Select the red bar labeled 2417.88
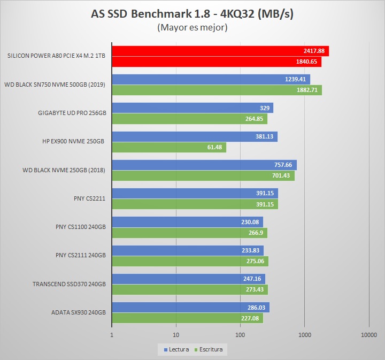click(x=220, y=51)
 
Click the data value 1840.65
click(x=306, y=62)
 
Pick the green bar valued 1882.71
click(x=217, y=90)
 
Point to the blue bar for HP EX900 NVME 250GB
click(x=195, y=136)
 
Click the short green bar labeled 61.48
click(x=168, y=147)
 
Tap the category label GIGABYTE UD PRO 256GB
click(x=72, y=113)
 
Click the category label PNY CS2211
click(x=89, y=198)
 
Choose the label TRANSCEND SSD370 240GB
click(x=69, y=284)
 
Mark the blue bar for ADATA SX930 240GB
click(x=190, y=307)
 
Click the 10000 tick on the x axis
click(x=368, y=335)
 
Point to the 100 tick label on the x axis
click(x=240, y=335)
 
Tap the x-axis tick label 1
click(x=112, y=335)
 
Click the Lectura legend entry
click(x=176, y=350)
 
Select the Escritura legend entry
click(x=210, y=350)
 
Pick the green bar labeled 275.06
click(x=190, y=261)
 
